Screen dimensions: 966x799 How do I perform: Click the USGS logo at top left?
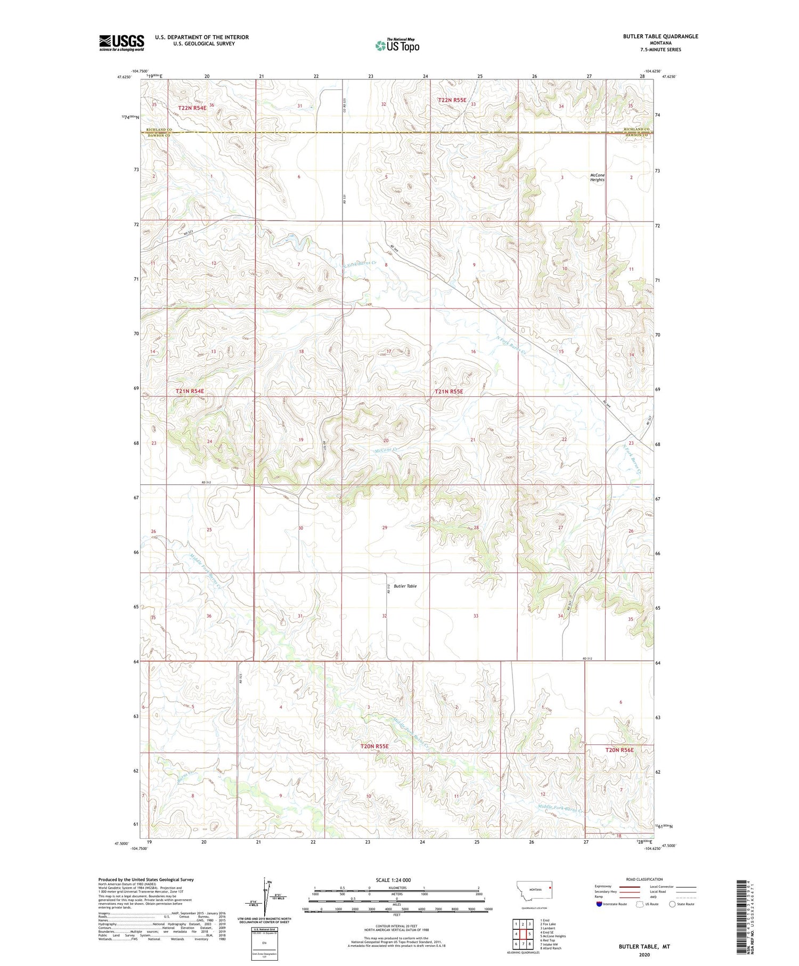tap(121, 43)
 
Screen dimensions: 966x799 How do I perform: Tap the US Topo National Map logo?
tap(397, 45)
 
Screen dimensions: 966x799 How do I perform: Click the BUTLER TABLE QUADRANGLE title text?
tap(660, 36)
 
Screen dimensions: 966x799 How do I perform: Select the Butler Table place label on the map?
tap(405, 586)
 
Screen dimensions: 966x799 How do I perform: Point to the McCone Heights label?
tap(597, 177)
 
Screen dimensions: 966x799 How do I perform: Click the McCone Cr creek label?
tap(386, 451)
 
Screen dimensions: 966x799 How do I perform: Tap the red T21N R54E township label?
tap(190, 391)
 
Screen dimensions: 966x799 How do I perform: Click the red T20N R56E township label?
tap(619, 750)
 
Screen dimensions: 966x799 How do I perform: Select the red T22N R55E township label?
tap(452, 100)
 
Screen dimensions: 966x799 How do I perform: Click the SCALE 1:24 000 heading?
tap(395, 880)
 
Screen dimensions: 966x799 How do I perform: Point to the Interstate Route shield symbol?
tap(599, 904)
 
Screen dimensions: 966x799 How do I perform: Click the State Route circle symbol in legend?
tap(672, 904)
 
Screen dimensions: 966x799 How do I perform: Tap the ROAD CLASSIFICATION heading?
tap(645, 879)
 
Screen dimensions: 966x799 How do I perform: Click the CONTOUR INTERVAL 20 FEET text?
tap(397, 927)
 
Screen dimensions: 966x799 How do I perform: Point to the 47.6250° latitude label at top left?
tap(124, 77)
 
